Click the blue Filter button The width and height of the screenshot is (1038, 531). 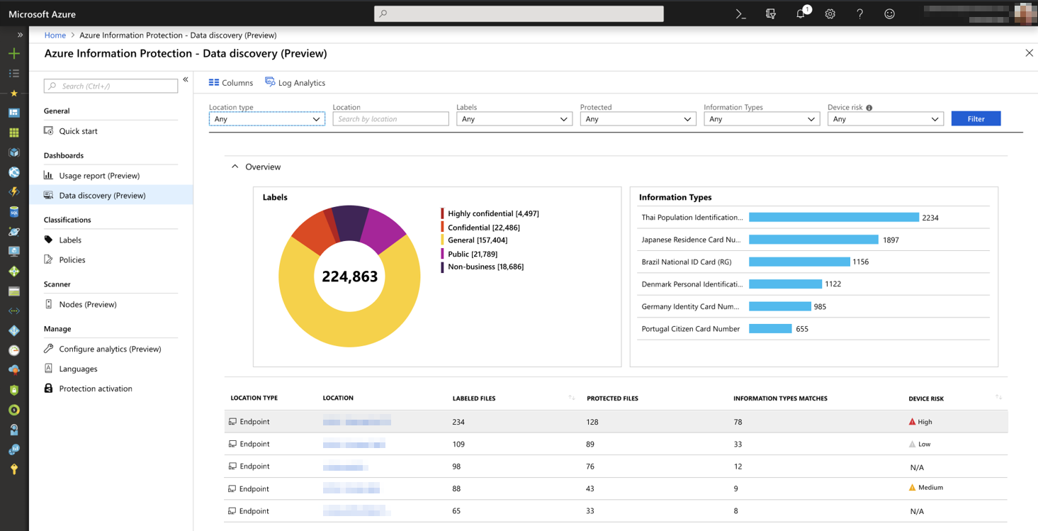tap(976, 118)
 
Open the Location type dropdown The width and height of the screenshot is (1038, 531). tap(266, 119)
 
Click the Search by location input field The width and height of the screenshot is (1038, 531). tap(390, 119)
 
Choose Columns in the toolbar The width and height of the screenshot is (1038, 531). tap(231, 83)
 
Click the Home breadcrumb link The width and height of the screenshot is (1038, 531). tap(55, 35)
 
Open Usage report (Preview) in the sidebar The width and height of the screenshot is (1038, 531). tap(99, 176)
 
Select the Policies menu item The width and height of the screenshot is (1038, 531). tap(72, 260)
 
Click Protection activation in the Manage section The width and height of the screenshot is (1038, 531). tap(96, 389)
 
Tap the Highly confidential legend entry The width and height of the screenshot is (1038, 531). tap(492, 213)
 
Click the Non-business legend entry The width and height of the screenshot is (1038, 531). tap(485, 267)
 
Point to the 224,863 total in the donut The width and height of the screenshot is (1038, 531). tap(349, 276)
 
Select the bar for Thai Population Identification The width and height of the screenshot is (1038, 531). tap(833, 218)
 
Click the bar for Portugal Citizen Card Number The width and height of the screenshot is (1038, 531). tap(770, 329)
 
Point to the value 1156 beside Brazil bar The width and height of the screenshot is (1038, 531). tap(860, 262)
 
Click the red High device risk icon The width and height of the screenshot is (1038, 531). tap(912, 422)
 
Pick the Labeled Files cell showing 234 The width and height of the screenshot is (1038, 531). tap(458, 422)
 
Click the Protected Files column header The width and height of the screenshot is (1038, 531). tap(612, 398)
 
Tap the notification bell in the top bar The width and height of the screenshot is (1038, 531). tap(801, 14)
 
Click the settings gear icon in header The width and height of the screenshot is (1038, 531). tap(830, 14)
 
